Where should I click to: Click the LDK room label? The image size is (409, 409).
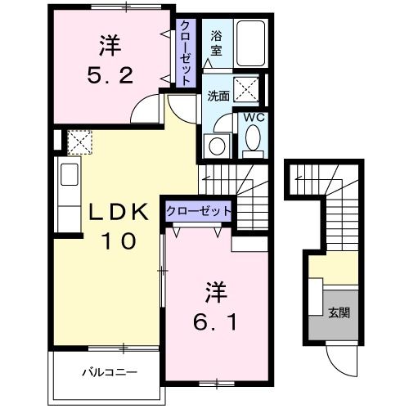point(118,212)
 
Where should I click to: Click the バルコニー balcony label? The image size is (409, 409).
point(109,373)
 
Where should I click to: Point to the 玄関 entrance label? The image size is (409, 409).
point(339,312)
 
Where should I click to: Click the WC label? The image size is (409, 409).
point(252,117)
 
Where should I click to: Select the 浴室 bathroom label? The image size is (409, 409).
point(216,43)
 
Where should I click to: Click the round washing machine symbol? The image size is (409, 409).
point(215,145)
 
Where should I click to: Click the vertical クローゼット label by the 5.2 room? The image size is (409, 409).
point(187,53)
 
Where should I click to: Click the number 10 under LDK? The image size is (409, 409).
point(118,242)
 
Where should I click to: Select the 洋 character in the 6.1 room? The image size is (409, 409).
point(215,290)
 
